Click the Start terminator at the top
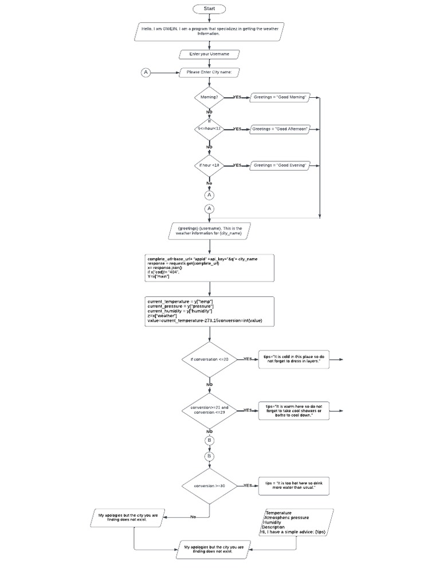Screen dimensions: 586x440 point(209,9)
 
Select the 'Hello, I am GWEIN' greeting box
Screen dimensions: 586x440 point(209,31)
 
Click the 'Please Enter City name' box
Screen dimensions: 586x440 point(209,72)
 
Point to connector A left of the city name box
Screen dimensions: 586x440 point(146,72)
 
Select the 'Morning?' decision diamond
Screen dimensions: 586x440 point(209,97)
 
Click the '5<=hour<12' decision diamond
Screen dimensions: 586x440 point(209,129)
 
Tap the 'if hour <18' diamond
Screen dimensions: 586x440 point(209,165)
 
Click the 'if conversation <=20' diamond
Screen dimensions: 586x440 point(209,359)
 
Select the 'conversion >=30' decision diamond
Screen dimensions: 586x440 point(209,485)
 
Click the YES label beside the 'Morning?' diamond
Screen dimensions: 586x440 point(237,97)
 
